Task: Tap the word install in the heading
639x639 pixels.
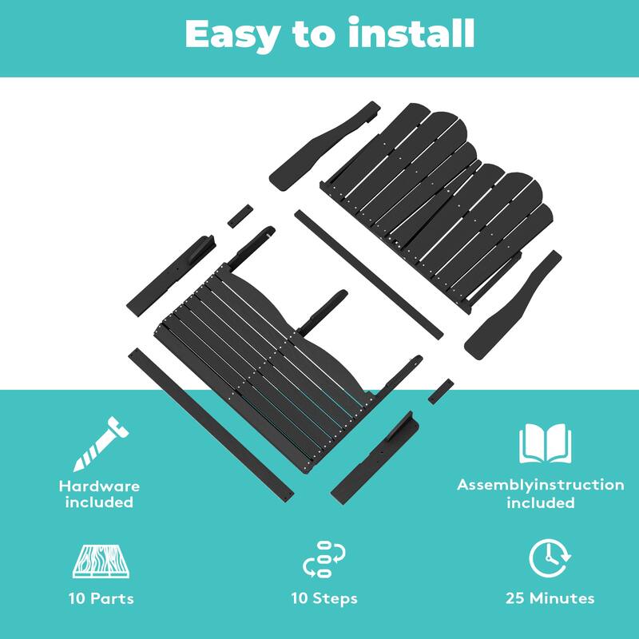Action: [x=411, y=33]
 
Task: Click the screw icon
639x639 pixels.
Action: [x=101, y=444]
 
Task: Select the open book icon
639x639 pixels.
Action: [x=545, y=443]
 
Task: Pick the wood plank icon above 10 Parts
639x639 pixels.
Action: [x=101, y=562]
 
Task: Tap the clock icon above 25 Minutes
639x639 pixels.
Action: [x=550, y=558]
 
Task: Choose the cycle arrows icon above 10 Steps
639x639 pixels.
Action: [x=324, y=558]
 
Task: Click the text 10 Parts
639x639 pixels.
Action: [x=101, y=598]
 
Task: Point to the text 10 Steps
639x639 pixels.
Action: [x=324, y=598]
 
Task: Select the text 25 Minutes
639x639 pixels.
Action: [x=550, y=598]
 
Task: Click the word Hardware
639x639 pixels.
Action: [x=99, y=486]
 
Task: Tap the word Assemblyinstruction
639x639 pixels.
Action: [x=541, y=485]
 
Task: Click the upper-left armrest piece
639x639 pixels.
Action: [x=324, y=145]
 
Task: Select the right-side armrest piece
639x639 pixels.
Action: [x=513, y=305]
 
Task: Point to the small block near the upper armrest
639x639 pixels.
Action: [x=240, y=216]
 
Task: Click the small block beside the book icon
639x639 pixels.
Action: [x=441, y=391]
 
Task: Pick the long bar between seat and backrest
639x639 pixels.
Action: [x=368, y=274]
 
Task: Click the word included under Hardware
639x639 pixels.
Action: [x=99, y=502]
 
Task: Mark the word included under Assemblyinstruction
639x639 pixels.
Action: [x=541, y=502]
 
